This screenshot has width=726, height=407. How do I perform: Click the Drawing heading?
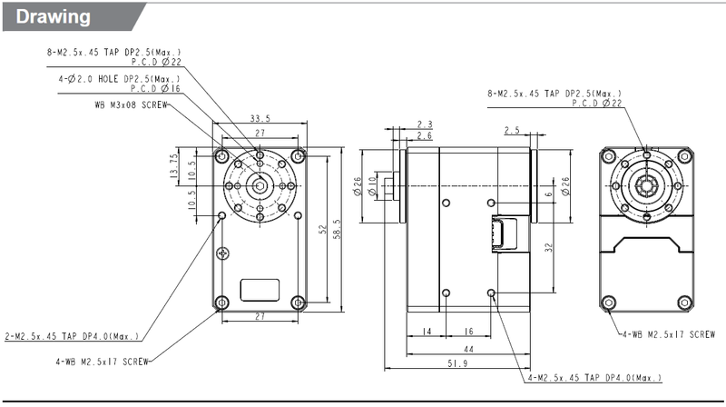pyautogui.click(x=53, y=17)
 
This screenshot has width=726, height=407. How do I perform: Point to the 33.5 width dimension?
pyautogui.click(x=260, y=119)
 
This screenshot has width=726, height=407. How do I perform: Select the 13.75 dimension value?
pyautogui.click(x=173, y=165)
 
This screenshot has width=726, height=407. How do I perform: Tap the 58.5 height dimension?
pyautogui.click(x=337, y=230)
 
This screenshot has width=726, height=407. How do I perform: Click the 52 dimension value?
pyautogui.click(x=323, y=230)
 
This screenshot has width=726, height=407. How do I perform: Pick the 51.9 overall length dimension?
pyautogui.click(x=457, y=363)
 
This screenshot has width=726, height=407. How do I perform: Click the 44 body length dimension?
pyautogui.click(x=468, y=350)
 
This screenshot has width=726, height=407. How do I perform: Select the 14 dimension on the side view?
pyautogui.click(x=427, y=332)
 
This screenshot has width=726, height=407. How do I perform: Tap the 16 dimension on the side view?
pyautogui.click(x=468, y=332)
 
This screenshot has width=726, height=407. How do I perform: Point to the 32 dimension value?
pyautogui.click(x=549, y=247)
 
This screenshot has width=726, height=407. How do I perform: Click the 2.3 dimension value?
pyautogui.click(x=425, y=124)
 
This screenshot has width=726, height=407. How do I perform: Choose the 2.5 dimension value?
pyautogui.click(x=512, y=130)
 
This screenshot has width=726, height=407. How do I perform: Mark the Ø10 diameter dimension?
pyautogui.click(x=372, y=186)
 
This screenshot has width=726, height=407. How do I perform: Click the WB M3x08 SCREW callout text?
pyautogui.click(x=131, y=105)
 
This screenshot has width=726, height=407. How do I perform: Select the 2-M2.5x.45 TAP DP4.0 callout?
pyautogui.click(x=72, y=336)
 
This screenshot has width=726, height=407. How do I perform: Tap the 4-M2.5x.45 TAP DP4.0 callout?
pyautogui.click(x=595, y=378)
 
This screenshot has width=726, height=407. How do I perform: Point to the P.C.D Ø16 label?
pyautogui.click(x=155, y=88)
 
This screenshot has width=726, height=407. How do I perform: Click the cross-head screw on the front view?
pyautogui.click(x=222, y=253)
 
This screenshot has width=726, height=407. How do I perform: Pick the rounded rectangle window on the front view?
pyautogui.click(x=260, y=290)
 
